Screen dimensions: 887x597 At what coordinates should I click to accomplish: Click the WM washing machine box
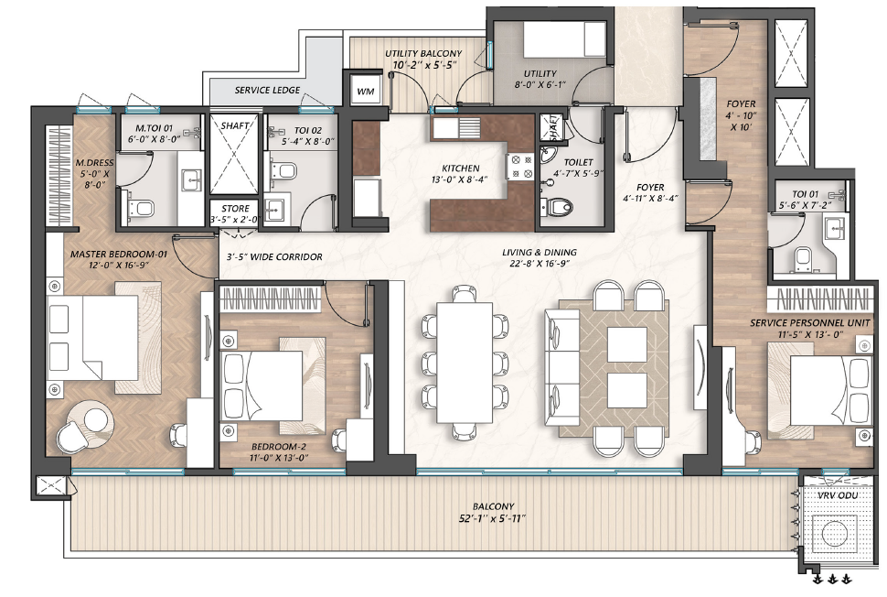(x=366, y=92)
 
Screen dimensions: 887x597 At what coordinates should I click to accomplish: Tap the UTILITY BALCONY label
(x=423, y=53)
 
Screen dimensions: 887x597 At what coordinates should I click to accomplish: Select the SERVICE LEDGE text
(x=267, y=90)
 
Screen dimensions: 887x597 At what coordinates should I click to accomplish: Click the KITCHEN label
(x=461, y=168)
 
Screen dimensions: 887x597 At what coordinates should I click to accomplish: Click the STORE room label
(x=235, y=209)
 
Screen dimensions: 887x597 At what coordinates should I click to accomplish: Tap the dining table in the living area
(x=465, y=362)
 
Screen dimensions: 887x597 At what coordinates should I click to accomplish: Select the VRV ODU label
(x=838, y=495)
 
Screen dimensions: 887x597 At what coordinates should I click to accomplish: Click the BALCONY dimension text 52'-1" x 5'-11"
(x=493, y=518)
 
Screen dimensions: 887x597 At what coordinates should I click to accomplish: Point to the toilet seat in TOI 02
(x=285, y=169)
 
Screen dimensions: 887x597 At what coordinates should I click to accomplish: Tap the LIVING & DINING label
(x=540, y=252)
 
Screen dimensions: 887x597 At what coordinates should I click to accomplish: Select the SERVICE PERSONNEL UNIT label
(x=810, y=323)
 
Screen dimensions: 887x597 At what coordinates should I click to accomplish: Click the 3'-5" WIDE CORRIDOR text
(x=274, y=256)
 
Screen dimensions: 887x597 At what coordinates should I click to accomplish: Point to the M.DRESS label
(x=94, y=163)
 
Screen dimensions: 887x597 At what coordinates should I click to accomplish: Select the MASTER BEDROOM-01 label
(x=119, y=254)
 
